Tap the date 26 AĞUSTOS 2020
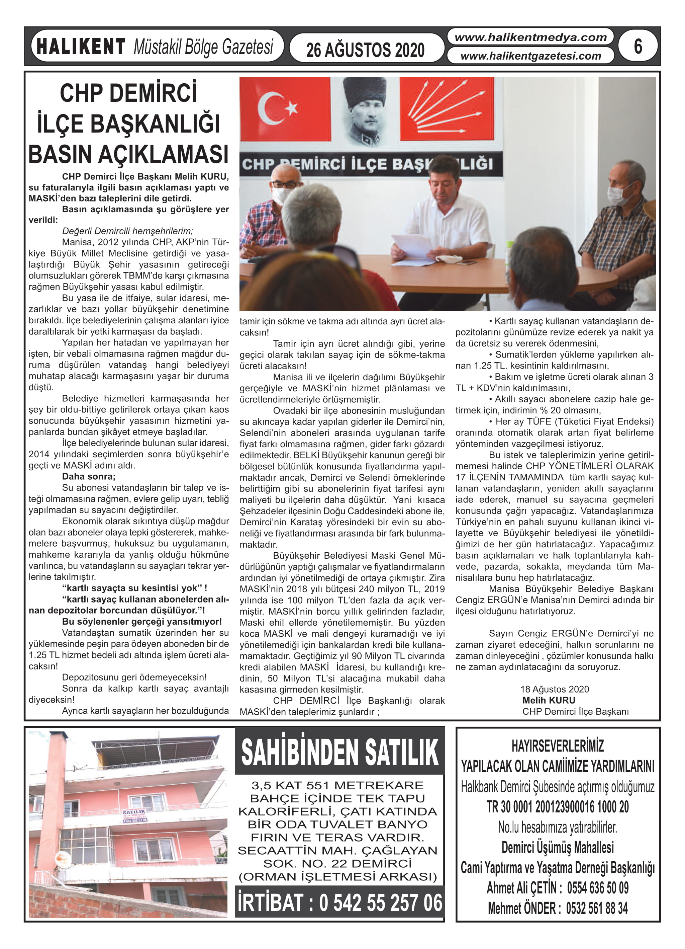tap(365, 50)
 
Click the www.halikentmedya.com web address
tap(530, 37)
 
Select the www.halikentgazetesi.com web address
tap(530, 56)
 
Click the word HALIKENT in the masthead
tap(81, 47)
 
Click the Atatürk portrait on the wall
tap(364, 110)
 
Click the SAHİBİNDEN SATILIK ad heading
tap(339, 753)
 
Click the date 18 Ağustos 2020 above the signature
tap(554, 689)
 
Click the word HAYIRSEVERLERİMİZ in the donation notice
tap(558, 746)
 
